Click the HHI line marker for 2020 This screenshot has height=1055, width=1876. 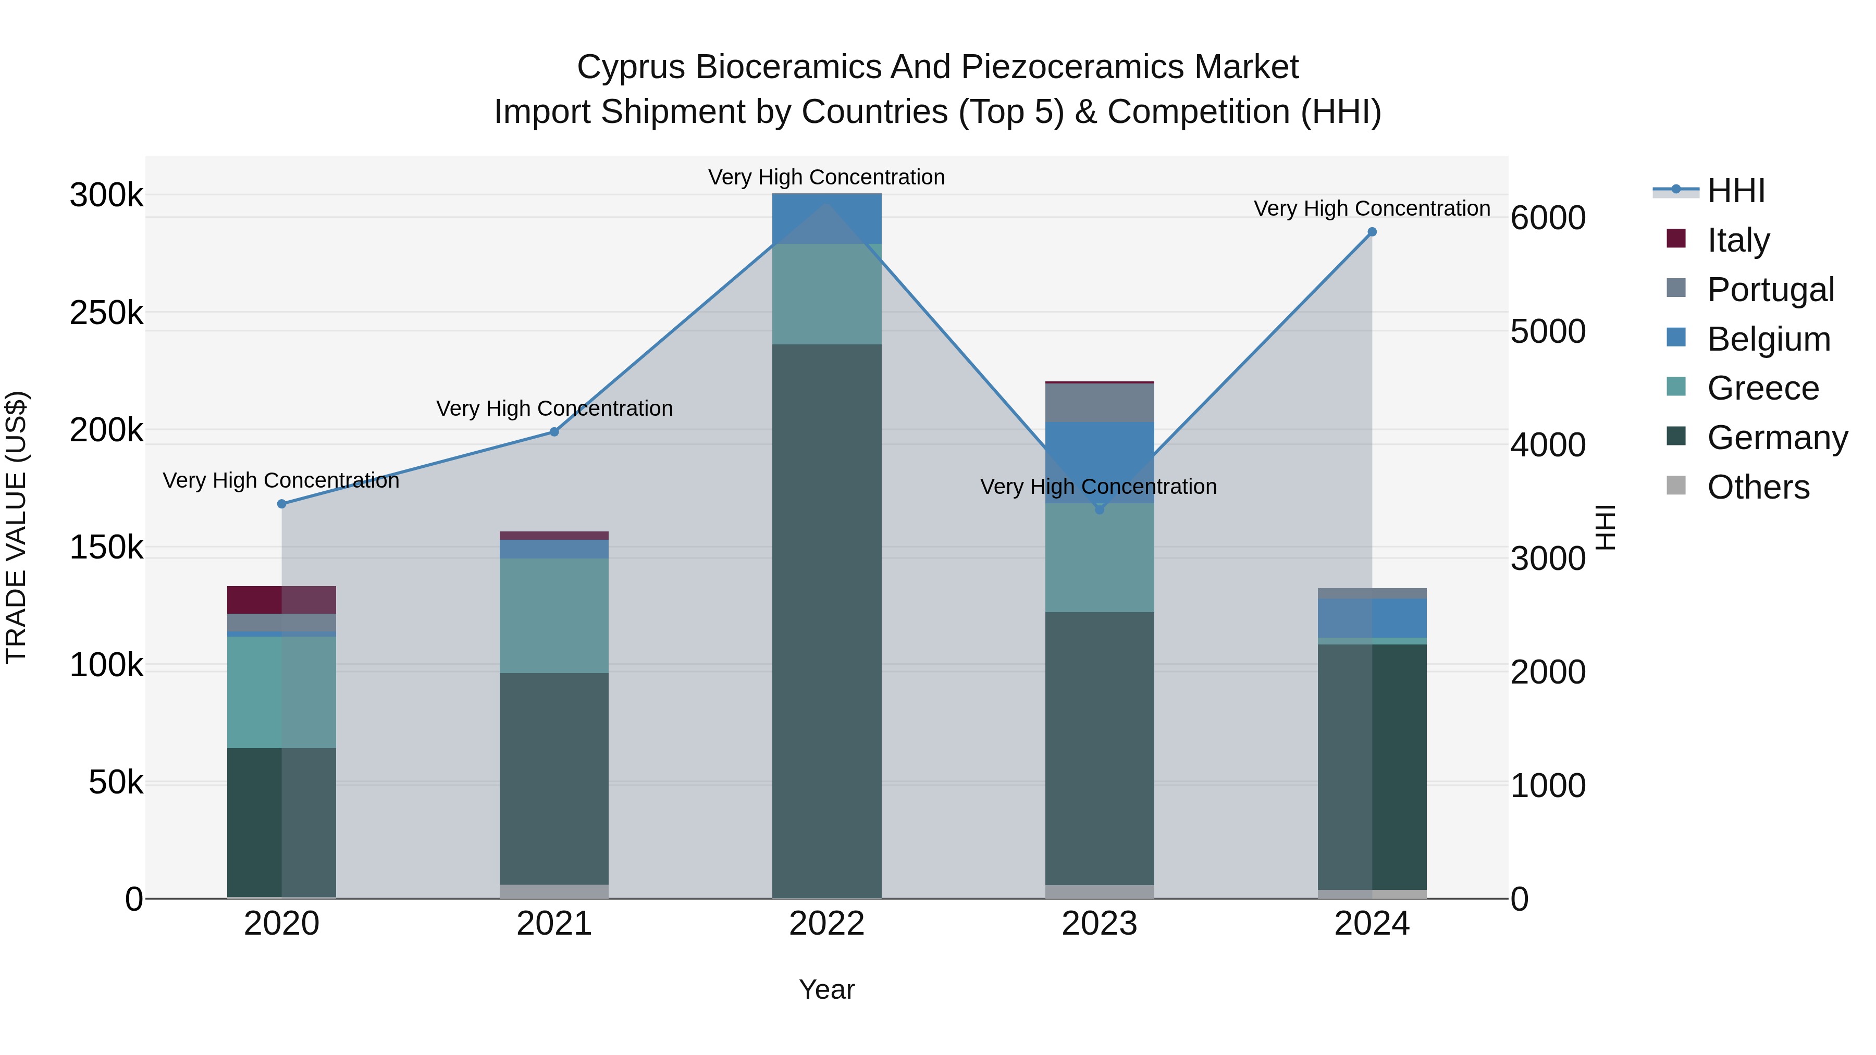click(282, 504)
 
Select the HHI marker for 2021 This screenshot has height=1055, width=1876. click(554, 432)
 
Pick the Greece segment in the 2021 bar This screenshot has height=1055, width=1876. click(554, 615)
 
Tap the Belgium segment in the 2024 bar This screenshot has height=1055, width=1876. click(1372, 618)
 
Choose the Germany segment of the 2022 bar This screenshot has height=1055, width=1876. click(826, 619)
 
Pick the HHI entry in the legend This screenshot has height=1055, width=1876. click(1735, 191)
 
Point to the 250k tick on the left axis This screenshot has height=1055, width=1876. click(106, 314)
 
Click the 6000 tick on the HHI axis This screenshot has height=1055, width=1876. click(1548, 218)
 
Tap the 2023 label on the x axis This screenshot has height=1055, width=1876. click(1100, 924)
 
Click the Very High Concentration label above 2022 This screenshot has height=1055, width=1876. click(826, 178)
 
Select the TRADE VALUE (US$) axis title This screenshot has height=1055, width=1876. click(16, 527)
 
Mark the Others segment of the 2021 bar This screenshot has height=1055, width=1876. click(554, 891)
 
